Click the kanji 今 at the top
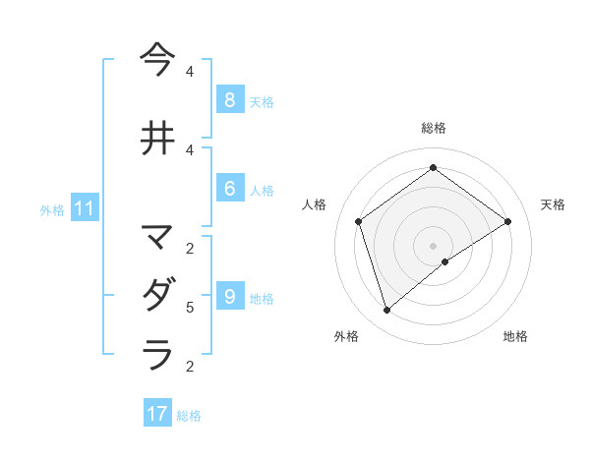[158, 60]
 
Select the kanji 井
[158, 139]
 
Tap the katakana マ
[158, 237]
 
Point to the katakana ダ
[158, 295]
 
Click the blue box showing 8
[229, 100]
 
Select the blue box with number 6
[229, 189]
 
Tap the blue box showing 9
[229, 297]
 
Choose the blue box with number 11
[85, 208]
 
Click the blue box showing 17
[157, 414]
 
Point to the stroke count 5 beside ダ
[190, 308]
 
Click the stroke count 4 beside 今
[190, 71]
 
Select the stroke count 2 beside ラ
[190, 367]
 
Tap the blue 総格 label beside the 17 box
[189, 416]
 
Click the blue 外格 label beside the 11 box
[52, 209]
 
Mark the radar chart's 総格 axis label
[433, 128]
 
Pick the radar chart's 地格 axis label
[515, 337]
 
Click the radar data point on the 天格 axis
[507, 221]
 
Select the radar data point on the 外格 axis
[387, 311]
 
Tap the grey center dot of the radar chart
[433, 245]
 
